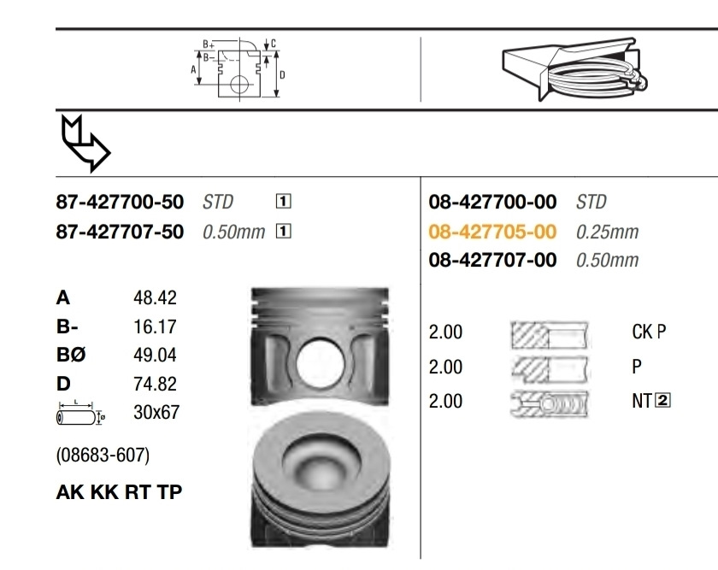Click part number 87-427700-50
pyautogui.click(x=120, y=203)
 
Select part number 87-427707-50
pyautogui.click(x=120, y=232)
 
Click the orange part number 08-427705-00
pyautogui.click(x=492, y=232)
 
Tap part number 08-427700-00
pyautogui.click(x=492, y=203)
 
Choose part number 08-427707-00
pyautogui.click(x=492, y=260)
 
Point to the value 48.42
pyautogui.click(x=155, y=298)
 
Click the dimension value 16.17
pyautogui.click(x=155, y=326)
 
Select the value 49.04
pyautogui.click(x=155, y=355)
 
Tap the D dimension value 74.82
pyautogui.click(x=155, y=384)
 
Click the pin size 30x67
pyautogui.click(x=156, y=412)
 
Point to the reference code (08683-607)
pyautogui.click(x=103, y=455)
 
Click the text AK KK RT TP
pyautogui.click(x=119, y=492)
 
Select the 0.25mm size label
pyautogui.click(x=607, y=232)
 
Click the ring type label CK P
pyautogui.click(x=648, y=332)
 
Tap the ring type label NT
pyautogui.click(x=642, y=400)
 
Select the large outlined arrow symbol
pyautogui.click(x=85, y=142)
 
